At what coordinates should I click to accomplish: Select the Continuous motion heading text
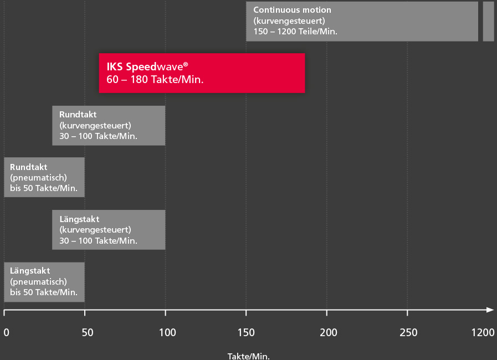pyautogui.click(x=292, y=10)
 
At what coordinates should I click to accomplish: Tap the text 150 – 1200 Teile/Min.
pyautogui.click(x=295, y=32)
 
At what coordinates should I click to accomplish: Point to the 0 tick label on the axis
pyautogui.click(x=6, y=332)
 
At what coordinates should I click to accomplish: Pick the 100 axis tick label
pyautogui.click(x=167, y=332)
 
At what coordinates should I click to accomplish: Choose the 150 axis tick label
pyautogui.click(x=246, y=332)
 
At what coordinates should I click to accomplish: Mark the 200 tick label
pyautogui.click(x=329, y=332)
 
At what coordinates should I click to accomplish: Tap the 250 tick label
pyautogui.click(x=409, y=332)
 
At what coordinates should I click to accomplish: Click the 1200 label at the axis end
pyautogui.click(x=483, y=332)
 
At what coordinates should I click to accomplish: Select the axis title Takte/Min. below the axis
pyautogui.click(x=248, y=356)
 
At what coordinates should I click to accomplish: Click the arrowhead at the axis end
pyautogui.click(x=490, y=310)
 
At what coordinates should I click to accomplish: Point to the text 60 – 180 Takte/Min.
pyautogui.click(x=155, y=80)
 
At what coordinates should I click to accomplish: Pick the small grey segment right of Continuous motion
pyautogui.click(x=488, y=21)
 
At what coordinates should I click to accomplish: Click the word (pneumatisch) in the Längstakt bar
pyautogui.click(x=38, y=281)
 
